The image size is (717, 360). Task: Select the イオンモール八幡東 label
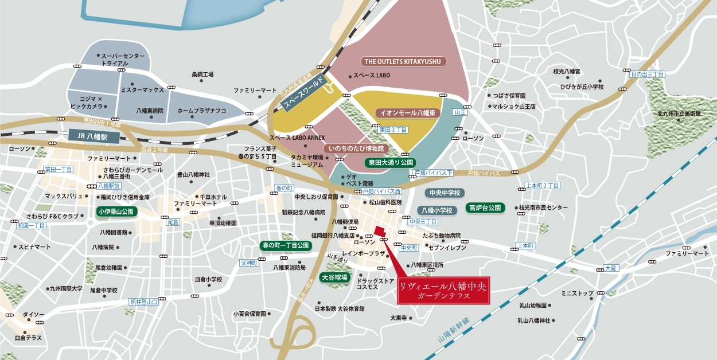point(408,113)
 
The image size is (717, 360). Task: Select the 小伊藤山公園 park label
point(116,212)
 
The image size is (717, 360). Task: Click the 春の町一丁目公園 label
point(285,245)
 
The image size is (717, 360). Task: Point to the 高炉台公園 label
point(485,208)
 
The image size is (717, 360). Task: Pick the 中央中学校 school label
point(445,193)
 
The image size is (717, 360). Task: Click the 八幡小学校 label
point(438,210)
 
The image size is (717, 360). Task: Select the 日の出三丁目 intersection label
point(647,75)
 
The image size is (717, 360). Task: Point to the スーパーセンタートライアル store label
point(122,60)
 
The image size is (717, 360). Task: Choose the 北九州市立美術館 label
point(680,114)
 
